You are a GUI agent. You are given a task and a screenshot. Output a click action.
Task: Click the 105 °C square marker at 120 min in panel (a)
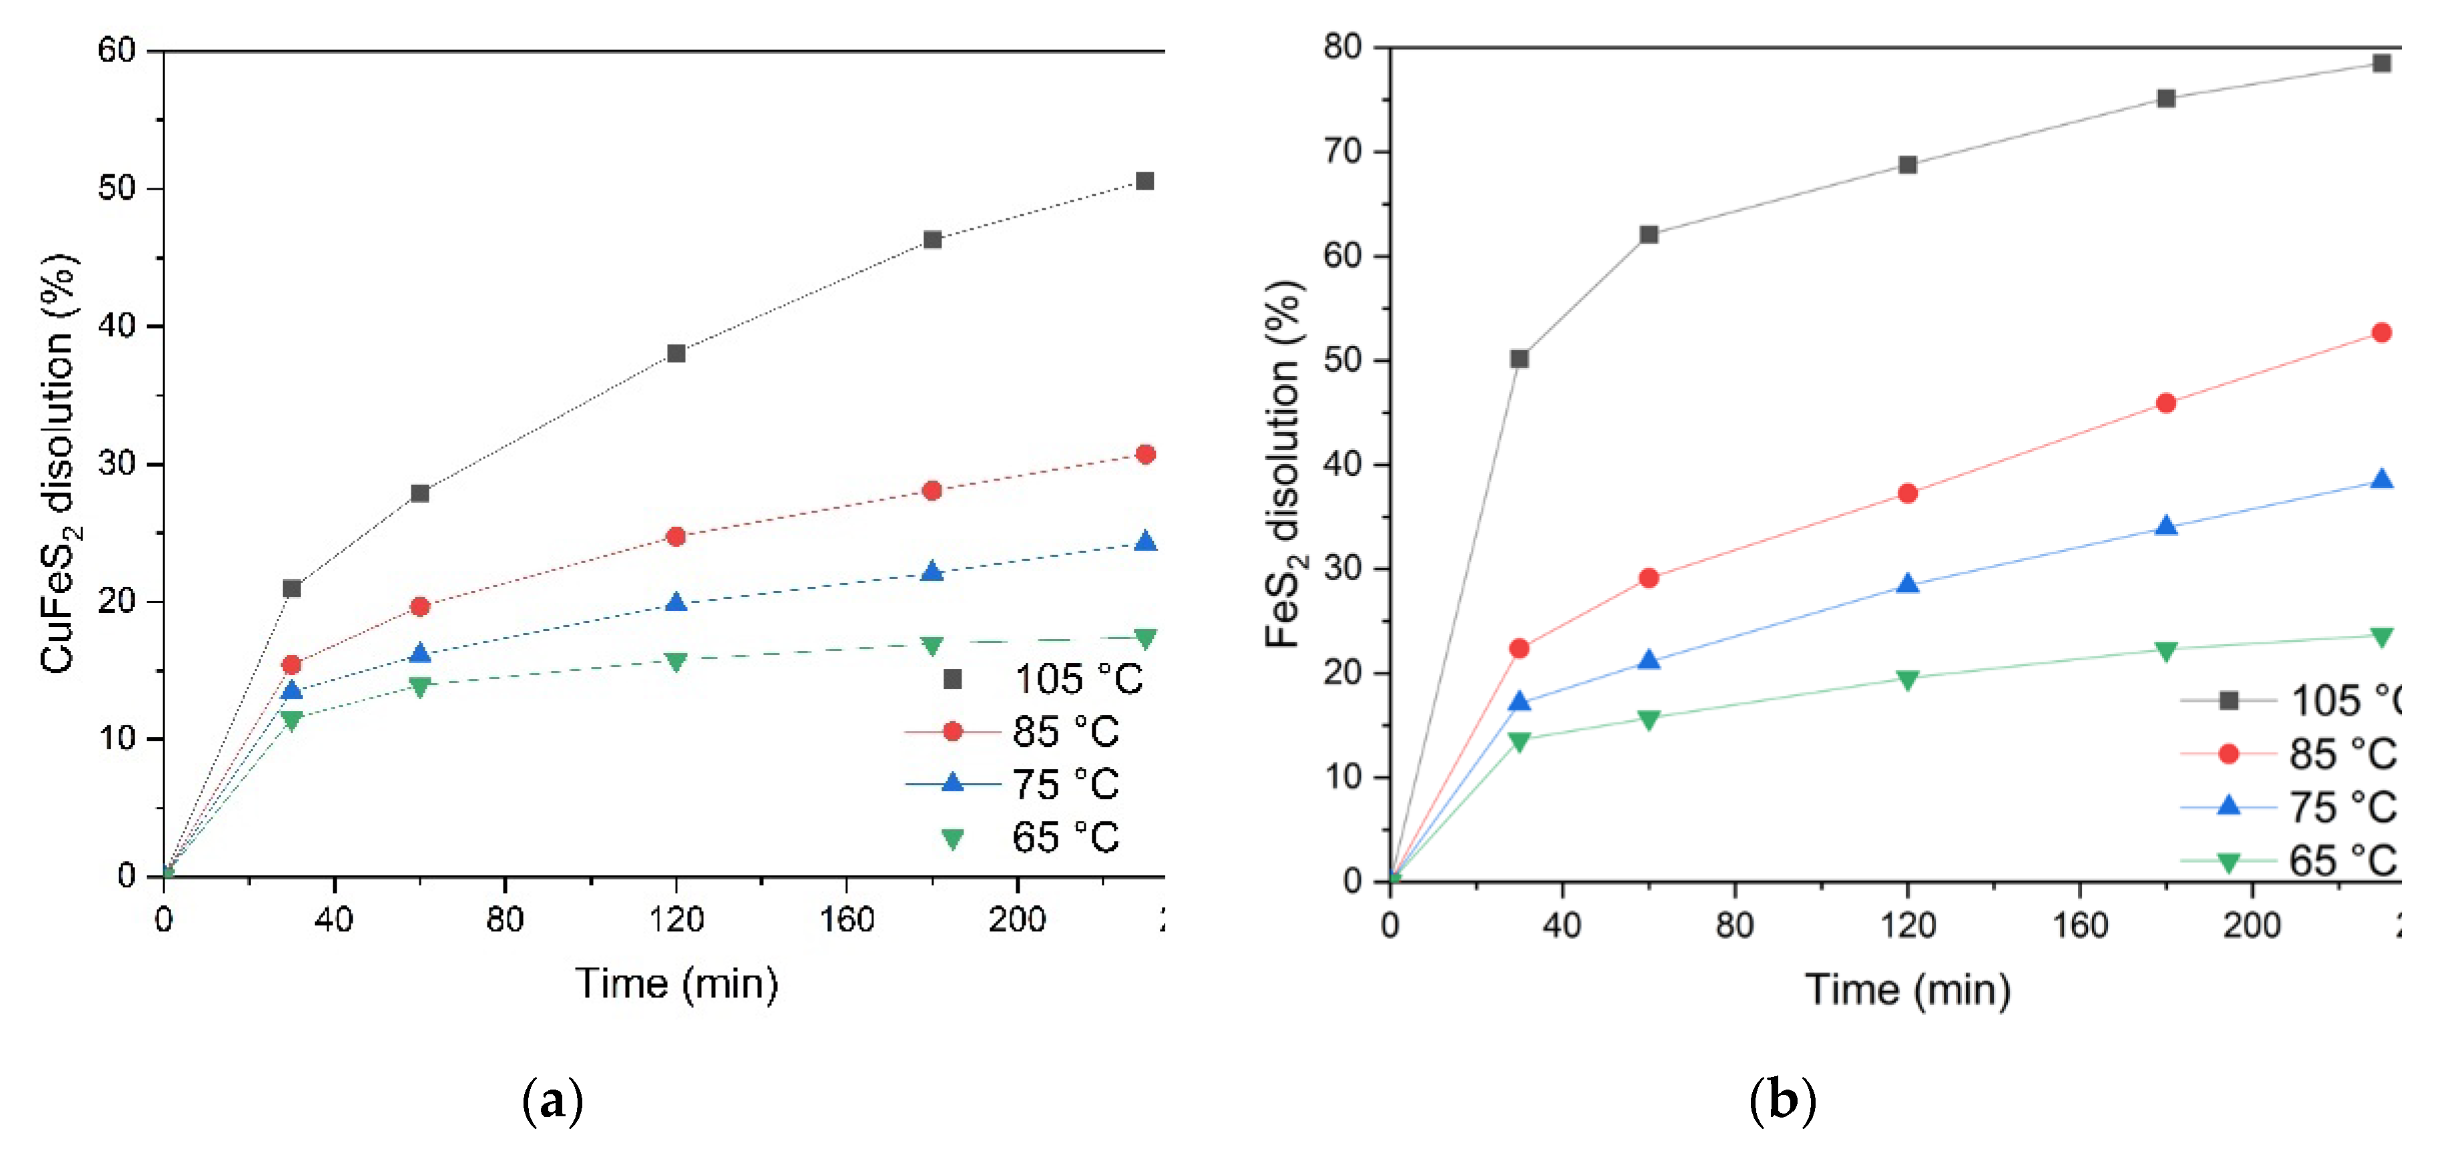click(x=676, y=353)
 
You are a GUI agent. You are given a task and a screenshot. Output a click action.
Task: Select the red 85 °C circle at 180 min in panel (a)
click(x=932, y=490)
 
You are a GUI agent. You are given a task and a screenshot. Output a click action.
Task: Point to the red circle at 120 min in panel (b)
click(x=1907, y=493)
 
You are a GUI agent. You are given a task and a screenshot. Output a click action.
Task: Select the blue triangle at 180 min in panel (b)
click(x=2166, y=526)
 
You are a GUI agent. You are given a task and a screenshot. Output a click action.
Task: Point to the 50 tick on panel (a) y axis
click(x=116, y=188)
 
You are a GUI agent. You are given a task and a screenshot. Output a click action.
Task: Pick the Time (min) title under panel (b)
click(x=1907, y=989)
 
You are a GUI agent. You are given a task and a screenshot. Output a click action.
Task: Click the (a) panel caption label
click(x=553, y=1102)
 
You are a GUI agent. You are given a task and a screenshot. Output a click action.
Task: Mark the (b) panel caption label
click(x=1782, y=1102)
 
